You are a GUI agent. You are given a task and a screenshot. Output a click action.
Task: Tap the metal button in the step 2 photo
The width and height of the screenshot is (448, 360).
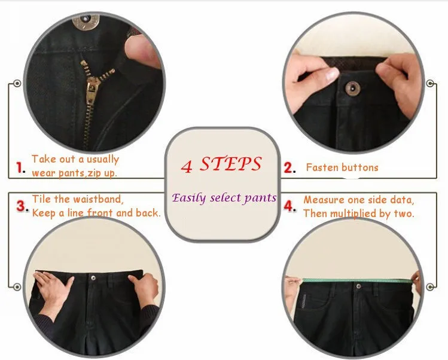click(352, 88)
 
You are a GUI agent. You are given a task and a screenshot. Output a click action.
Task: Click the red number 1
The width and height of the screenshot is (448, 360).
click(19, 167)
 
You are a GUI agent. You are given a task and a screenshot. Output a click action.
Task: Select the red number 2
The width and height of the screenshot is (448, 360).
click(288, 167)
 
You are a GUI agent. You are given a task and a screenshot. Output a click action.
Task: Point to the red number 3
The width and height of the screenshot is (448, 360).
click(21, 206)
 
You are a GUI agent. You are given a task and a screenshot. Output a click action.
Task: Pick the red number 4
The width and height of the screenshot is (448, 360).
click(289, 206)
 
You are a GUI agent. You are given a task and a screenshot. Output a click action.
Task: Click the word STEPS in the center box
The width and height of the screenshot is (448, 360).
click(230, 164)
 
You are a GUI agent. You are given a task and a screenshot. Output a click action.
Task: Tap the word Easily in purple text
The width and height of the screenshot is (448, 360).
click(189, 198)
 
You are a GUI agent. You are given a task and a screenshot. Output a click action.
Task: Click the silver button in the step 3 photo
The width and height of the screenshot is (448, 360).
click(93, 277)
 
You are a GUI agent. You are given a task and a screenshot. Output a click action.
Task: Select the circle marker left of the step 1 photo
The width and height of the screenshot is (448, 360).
click(17, 84)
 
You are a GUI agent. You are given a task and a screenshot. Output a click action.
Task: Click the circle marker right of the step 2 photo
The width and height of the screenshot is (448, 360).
click(430, 84)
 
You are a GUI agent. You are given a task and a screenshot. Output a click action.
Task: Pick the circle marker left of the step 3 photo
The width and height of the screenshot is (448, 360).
click(17, 286)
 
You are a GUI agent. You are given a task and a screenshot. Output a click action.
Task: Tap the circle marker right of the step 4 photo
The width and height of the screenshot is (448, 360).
click(430, 286)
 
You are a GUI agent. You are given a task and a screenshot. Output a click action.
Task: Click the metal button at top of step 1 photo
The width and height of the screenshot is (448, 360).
click(86, 21)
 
